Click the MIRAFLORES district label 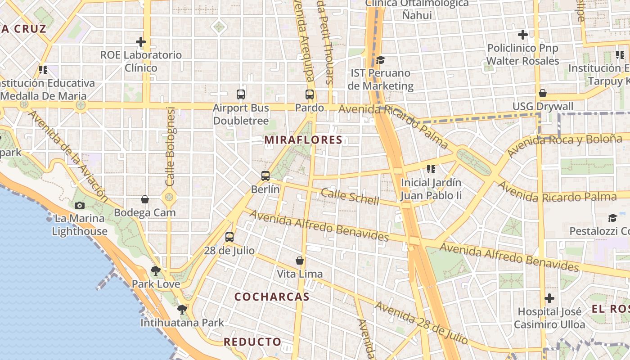coord(303,140)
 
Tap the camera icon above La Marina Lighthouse coord(80,206)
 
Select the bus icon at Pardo coord(310,94)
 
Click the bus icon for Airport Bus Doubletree coord(241,94)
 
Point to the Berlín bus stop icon coord(265,176)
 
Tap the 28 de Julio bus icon coord(229,237)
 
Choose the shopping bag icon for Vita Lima coord(300,261)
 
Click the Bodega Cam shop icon coord(145,199)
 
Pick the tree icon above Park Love coord(156,271)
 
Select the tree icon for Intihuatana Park coord(182,310)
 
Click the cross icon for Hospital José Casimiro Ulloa coord(549,298)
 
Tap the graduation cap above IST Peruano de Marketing coord(381,60)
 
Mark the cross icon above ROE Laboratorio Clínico coord(141,42)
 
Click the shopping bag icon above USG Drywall coord(543,93)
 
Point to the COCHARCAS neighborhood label coord(272,297)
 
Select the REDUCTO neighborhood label coord(252,342)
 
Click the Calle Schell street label coord(350,197)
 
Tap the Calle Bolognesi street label coord(170,147)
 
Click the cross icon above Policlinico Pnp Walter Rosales coord(522,35)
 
